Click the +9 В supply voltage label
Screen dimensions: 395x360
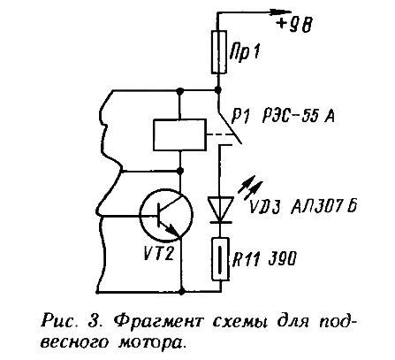click(294, 25)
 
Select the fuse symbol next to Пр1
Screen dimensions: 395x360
click(219, 52)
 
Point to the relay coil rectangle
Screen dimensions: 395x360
click(179, 134)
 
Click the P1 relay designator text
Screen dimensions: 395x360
click(240, 118)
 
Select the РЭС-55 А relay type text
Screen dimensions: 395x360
click(299, 117)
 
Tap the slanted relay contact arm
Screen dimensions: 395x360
click(230, 127)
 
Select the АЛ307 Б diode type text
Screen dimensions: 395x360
click(324, 206)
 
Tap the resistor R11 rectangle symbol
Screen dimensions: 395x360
click(221, 259)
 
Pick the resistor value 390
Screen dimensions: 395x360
click(282, 259)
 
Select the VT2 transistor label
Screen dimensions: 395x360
click(159, 253)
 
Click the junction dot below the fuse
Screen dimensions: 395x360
click(218, 89)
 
